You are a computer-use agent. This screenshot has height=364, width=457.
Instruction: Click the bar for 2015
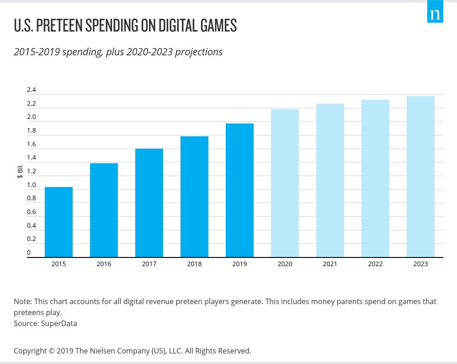coord(58,222)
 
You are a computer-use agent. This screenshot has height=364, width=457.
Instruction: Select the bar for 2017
coord(149,203)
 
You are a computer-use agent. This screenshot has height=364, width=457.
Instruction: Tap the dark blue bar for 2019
coord(239,190)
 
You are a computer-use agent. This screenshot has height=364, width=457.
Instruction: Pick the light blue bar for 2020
coord(285,183)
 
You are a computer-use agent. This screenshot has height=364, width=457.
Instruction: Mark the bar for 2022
coord(375,178)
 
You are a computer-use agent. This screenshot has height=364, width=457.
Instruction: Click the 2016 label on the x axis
coord(104,264)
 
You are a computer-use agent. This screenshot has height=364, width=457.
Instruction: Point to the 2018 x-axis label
coord(194,264)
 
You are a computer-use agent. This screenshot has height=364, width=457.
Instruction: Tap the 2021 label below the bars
coord(330,264)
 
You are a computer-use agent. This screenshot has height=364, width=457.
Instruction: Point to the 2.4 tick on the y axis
coord(31,90)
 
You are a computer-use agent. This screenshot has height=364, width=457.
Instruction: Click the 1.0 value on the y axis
coord(31,185)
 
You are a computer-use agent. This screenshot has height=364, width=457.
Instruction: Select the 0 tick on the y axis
coord(29,252)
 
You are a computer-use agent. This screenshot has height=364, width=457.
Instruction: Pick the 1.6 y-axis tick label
coord(31,144)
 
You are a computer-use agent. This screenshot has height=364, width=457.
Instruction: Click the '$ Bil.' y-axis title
coord(20,171)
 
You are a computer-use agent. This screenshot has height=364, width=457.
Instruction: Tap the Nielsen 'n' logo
coord(435,13)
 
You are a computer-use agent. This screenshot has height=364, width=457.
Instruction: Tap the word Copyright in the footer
coord(31,351)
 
